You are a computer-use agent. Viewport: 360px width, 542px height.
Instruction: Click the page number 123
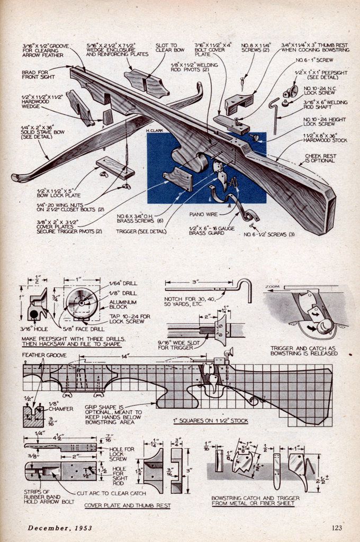click(x=336, y=527)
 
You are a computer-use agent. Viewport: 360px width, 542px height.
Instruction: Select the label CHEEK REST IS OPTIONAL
click(x=320, y=158)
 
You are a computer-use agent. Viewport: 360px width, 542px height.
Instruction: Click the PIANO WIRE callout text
click(x=202, y=214)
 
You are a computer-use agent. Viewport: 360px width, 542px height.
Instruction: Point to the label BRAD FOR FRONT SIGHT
click(x=38, y=74)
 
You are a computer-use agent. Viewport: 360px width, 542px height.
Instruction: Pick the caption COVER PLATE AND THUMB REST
click(x=128, y=505)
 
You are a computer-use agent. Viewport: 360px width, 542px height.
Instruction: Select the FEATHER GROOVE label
click(x=44, y=355)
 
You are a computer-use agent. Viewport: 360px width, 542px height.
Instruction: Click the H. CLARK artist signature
click(x=155, y=129)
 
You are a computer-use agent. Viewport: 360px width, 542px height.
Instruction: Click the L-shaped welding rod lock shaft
click(x=273, y=114)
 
